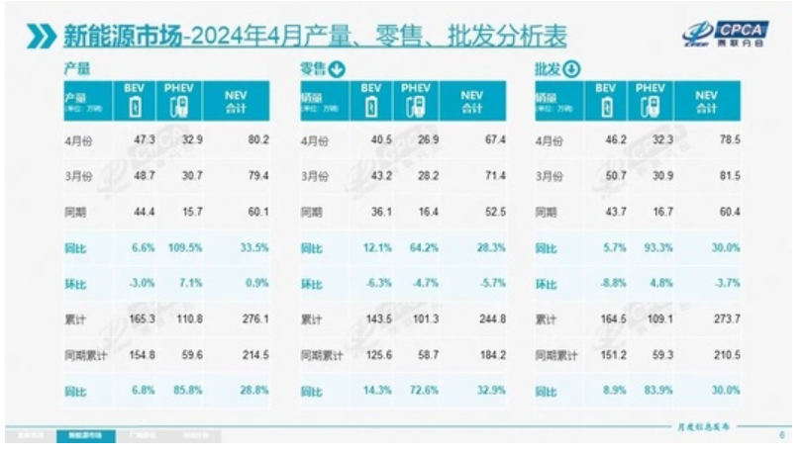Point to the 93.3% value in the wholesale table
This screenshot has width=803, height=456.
coord(651,247)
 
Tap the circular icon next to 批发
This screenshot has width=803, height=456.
coord(570,69)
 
